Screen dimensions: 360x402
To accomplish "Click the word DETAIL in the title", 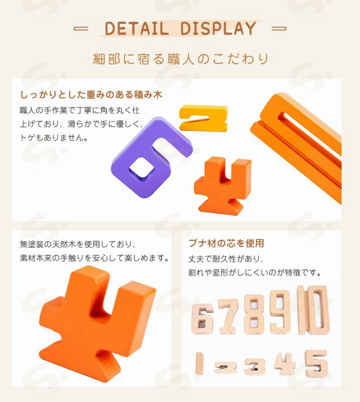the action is tap(137, 28).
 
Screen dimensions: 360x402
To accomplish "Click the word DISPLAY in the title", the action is tap(218, 28).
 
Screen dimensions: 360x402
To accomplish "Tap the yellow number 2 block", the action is tap(203, 118).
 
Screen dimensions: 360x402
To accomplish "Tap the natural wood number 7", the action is tap(229, 316).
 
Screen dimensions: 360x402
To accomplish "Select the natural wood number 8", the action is tap(254, 314).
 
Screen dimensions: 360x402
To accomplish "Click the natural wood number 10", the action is tap(313, 310).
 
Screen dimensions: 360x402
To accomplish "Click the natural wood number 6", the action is tap(202, 319).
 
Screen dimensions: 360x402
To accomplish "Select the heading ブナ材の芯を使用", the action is tap(226, 243).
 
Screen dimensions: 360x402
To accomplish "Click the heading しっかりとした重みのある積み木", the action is tap(91, 95).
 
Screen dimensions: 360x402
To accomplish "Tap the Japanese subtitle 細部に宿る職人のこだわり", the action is tap(180, 59).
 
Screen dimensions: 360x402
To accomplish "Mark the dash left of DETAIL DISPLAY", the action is tap(81, 28).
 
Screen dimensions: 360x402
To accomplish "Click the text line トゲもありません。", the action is tap(54, 138).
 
